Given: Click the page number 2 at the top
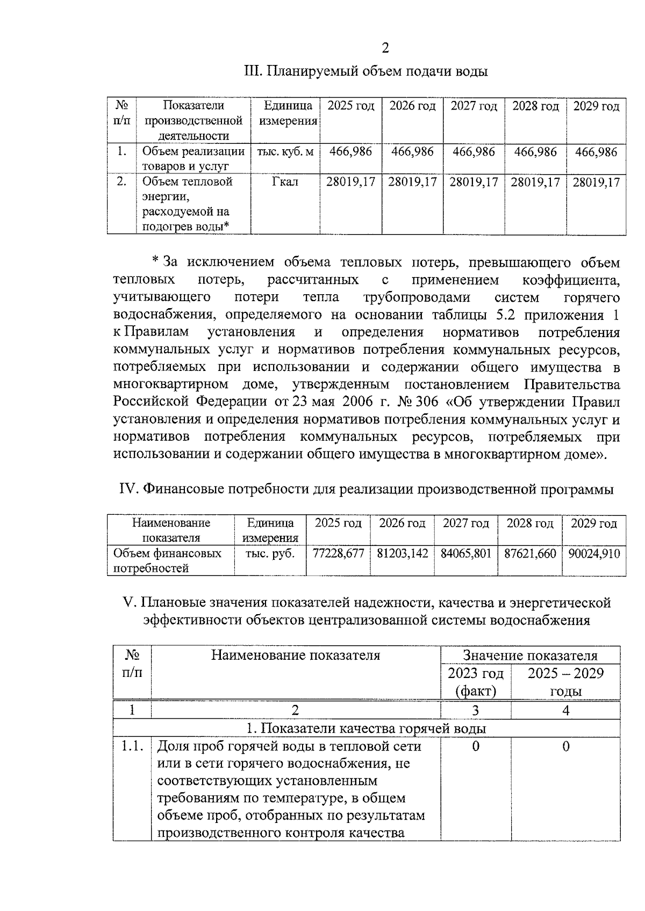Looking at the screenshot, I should pos(385,48).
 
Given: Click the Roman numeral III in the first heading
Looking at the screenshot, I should pos(252,71).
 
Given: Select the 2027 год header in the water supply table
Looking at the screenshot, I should pos(474,106).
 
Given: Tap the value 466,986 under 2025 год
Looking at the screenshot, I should pos(350,152).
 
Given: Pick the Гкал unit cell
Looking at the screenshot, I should pos(285,182).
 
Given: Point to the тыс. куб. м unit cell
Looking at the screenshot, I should pos(285,152).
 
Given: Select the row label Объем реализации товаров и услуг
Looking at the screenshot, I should pos(193,159).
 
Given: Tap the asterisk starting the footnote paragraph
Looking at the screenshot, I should pos(156,261).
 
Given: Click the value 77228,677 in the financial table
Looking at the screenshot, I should pos(338,553).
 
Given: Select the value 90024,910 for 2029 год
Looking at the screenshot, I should pos(594,553).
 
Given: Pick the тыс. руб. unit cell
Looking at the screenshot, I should pos(270,553).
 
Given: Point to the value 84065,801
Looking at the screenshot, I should pos(466,553).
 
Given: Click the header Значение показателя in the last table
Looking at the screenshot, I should pos(530,655).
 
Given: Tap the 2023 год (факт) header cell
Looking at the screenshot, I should pos(476,682).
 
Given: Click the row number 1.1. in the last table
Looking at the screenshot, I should pos(132,746).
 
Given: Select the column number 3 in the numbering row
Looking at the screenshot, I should pos(475,711).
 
